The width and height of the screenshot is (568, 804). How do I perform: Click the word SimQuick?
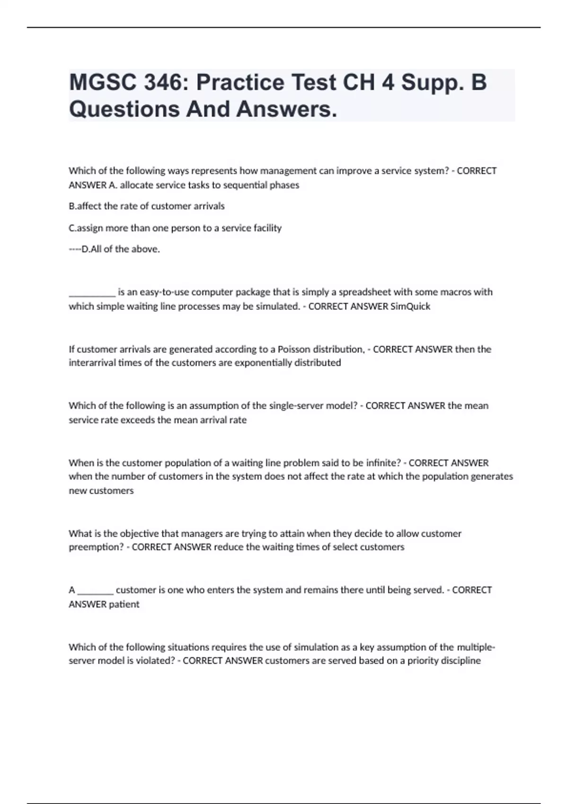pyautogui.click(x=410, y=306)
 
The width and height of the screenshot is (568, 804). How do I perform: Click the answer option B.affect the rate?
pyautogui.click(x=147, y=206)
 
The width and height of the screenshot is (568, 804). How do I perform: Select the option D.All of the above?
pyautogui.click(x=121, y=249)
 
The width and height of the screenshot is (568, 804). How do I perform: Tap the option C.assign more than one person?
pyautogui.click(x=175, y=228)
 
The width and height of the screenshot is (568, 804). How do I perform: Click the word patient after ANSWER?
pyautogui.click(x=124, y=604)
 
